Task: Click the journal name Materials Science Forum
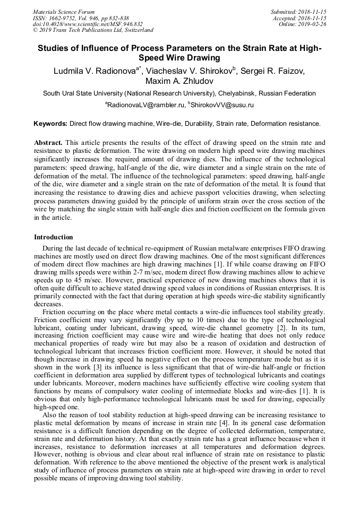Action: (64, 12)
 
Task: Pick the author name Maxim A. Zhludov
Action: (179, 81)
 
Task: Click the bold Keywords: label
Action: (50, 124)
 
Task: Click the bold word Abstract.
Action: (48, 143)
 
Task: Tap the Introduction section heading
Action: (54, 237)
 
